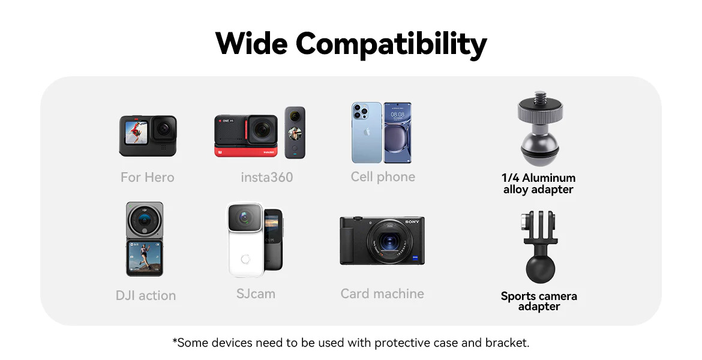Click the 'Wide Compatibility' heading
tap(350, 44)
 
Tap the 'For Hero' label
tap(147, 178)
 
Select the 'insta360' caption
tap(267, 178)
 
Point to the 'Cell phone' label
tap(383, 177)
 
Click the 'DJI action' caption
tap(146, 296)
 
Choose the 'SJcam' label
tap(256, 294)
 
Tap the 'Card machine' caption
tap(382, 293)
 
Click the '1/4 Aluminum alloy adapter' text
tap(538, 184)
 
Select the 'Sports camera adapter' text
tap(539, 301)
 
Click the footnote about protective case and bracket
tap(351, 343)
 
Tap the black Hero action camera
tap(148, 136)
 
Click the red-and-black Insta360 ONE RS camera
tap(246, 136)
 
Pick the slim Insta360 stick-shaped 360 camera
tap(295, 133)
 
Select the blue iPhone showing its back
tap(367, 133)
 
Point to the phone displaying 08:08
tap(398, 133)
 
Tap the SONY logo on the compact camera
tap(412, 222)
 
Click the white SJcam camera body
tap(245, 240)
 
